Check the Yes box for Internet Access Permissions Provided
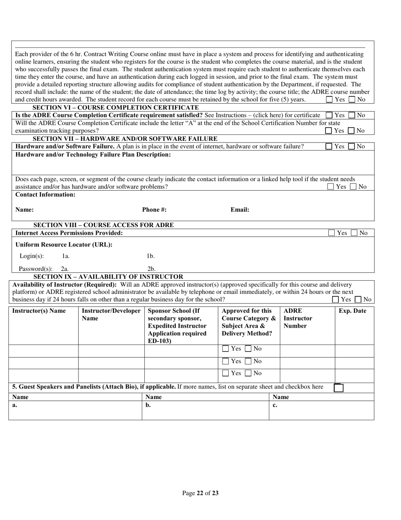coord(332,233)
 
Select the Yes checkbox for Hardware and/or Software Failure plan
coord(329,146)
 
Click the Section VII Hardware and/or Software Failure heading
coord(125,139)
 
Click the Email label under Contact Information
coord(240,209)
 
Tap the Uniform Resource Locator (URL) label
coord(64,245)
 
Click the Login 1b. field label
coord(151,256)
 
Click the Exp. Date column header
coord(353,311)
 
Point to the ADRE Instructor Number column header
coord(298,318)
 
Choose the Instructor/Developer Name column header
coord(111,315)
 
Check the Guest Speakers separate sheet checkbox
coord(338,387)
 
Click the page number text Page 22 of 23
coord(200,493)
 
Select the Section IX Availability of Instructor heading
coord(108,276)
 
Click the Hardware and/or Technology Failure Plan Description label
coord(93,155)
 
